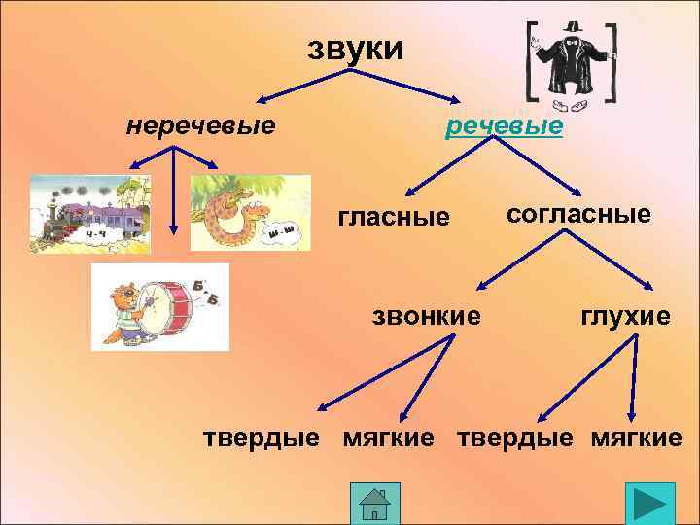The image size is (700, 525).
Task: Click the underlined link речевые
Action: point(504,127)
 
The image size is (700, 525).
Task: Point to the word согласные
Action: point(578,214)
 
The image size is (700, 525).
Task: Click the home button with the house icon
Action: point(374,504)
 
